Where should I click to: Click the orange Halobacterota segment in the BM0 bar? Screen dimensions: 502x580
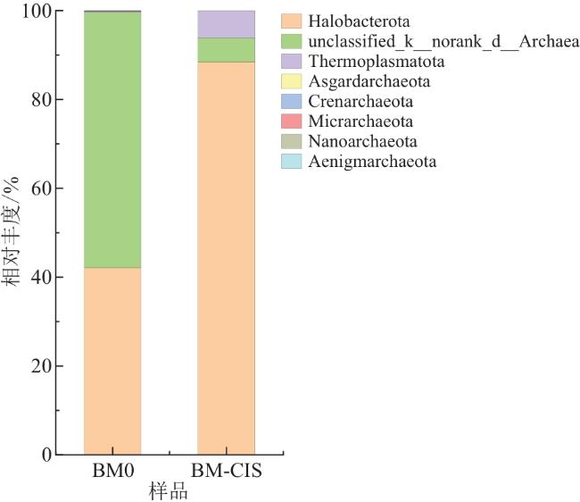click(112, 361)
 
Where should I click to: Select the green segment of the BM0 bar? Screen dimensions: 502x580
click(112, 139)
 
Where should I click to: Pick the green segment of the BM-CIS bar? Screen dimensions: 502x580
click(226, 50)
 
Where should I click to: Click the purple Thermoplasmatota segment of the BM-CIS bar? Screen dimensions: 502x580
click(226, 24)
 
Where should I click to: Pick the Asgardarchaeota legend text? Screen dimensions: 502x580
click(369, 82)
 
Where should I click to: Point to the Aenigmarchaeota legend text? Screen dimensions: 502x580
click(373, 162)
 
